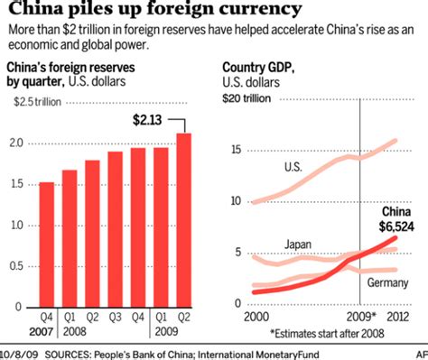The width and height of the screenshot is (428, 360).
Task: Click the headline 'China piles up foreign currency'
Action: click(155, 12)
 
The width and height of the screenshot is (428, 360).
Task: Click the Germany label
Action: click(386, 283)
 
